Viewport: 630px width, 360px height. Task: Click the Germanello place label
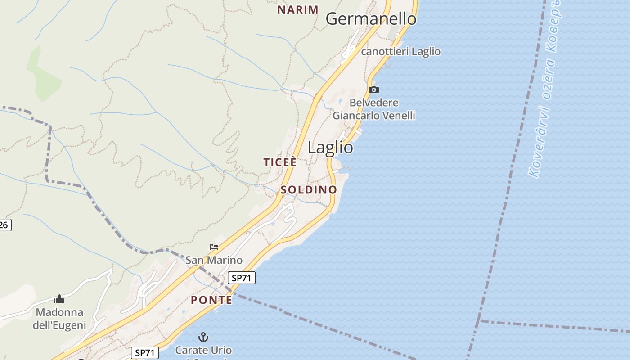tap(371, 19)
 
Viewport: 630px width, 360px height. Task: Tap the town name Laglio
tap(330, 148)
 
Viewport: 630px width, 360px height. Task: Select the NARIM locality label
tap(297, 9)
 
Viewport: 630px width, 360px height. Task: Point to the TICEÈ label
tap(280, 162)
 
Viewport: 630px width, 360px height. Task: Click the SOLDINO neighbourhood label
tap(309, 190)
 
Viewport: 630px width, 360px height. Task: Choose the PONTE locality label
tap(211, 300)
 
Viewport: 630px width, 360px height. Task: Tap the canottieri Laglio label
tap(400, 52)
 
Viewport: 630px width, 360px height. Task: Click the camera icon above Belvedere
tap(373, 90)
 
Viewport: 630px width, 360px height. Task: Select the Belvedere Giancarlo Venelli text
tap(373, 109)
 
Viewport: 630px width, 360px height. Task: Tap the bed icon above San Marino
tap(214, 247)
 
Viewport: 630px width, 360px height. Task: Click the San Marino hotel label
tap(214, 260)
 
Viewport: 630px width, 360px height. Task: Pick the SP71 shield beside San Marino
tap(241, 278)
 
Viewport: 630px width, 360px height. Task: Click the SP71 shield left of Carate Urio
tap(145, 353)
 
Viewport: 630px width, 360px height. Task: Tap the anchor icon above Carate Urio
tap(203, 337)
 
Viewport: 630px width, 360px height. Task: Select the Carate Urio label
tap(203, 350)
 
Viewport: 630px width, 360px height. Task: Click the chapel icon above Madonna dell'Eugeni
tap(59, 299)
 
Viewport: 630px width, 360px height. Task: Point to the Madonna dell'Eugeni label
tap(59, 318)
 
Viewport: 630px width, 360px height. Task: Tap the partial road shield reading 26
tap(4, 225)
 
